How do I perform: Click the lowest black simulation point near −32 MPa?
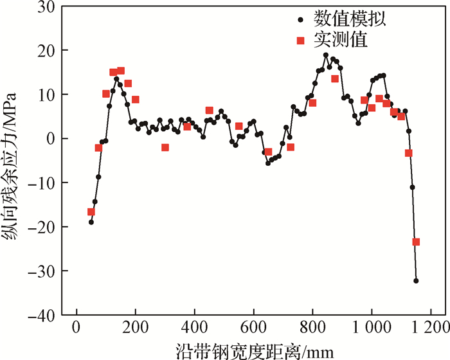click(x=416, y=281)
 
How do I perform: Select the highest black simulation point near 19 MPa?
click(x=326, y=55)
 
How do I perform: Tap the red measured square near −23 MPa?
click(x=416, y=242)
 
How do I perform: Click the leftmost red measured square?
click(x=91, y=212)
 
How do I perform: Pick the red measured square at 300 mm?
click(x=165, y=147)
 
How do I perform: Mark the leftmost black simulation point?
click(x=91, y=222)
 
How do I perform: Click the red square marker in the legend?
click(x=300, y=40)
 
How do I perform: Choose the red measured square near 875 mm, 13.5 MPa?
click(x=335, y=78)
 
